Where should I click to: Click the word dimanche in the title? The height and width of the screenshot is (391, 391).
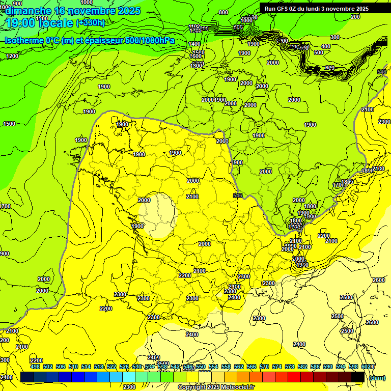coord(28,11)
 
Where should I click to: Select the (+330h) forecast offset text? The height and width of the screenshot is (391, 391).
coord(91,23)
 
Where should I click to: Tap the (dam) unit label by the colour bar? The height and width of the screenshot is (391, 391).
coord(377,377)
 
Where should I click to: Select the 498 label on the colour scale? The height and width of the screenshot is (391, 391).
coord(35,367)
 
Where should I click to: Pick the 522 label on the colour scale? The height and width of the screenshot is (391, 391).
coord(111,367)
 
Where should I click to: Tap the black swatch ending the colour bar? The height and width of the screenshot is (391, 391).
coord(358,377)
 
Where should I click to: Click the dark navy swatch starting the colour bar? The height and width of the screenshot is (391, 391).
coord(27,377)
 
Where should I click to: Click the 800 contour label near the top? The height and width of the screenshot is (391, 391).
coord(223,12)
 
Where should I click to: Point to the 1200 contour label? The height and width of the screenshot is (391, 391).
coord(12,56)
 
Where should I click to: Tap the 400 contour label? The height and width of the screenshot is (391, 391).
coord(325,46)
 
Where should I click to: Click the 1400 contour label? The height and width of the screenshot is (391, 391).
coord(194,44)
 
